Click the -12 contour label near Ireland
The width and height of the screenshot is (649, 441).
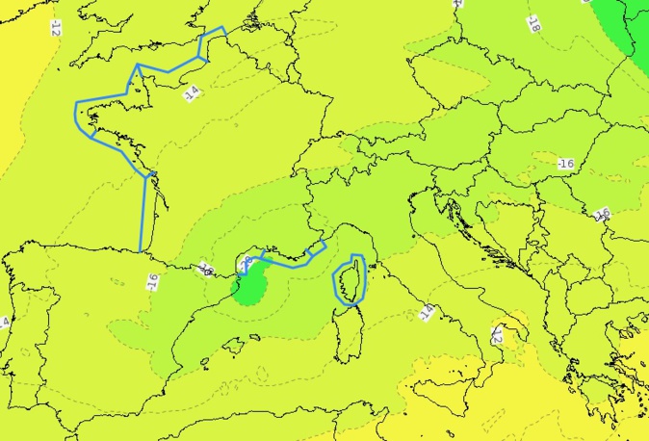[55, 28]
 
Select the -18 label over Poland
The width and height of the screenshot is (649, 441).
[532, 24]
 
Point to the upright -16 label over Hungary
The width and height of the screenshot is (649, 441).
[565, 164]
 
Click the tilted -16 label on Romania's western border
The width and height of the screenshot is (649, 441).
[603, 214]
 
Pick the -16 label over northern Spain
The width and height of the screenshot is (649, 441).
[151, 281]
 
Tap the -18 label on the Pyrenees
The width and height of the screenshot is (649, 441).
[206, 269]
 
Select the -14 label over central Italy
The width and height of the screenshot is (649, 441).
[426, 311]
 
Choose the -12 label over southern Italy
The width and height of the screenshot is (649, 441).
[497, 335]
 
